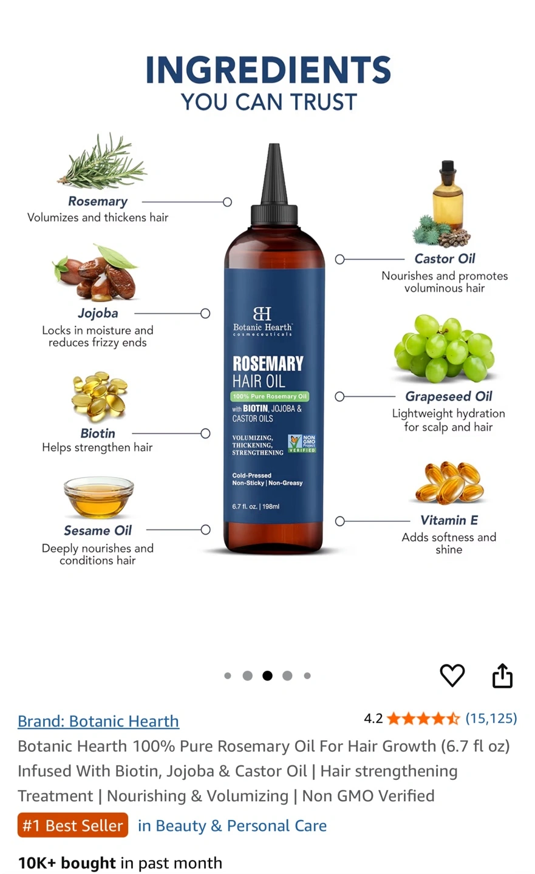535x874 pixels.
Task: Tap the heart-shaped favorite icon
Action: coord(452,675)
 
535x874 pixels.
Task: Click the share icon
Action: coord(502,675)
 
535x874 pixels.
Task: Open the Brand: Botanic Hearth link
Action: coord(98,722)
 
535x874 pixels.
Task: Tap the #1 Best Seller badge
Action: coord(73,825)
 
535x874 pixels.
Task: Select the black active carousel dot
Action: coord(267,676)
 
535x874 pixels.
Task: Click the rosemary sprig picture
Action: coord(102,161)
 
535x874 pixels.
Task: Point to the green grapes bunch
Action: coord(445,348)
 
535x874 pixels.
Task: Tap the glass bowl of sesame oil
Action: coord(99,497)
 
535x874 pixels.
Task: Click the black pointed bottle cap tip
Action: coord(274,145)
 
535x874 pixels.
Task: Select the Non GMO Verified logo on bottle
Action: coord(302,444)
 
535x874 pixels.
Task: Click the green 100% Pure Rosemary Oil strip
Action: coord(270,396)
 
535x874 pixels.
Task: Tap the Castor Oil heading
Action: coord(445,259)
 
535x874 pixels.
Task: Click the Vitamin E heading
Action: coord(449,520)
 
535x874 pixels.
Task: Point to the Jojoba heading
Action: coord(98,313)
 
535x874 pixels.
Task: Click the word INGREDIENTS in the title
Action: coord(268,70)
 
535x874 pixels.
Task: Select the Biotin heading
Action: coord(98,433)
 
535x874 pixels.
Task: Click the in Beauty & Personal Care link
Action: coord(233,825)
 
